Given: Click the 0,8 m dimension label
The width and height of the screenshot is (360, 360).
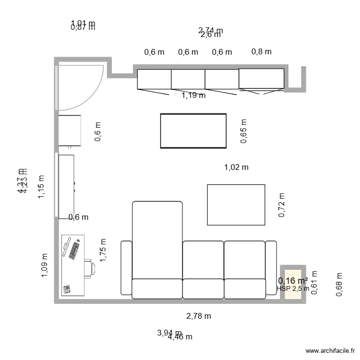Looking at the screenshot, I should (261, 51).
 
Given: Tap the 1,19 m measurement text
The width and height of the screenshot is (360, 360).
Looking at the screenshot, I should (193, 95).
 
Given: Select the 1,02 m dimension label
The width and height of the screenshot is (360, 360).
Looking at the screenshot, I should (236, 168).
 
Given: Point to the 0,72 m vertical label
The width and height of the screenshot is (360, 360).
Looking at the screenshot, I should (282, 205).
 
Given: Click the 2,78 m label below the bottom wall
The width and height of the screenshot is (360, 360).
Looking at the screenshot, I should (199, 316).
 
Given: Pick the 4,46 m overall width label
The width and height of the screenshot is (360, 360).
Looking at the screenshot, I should (180, 337).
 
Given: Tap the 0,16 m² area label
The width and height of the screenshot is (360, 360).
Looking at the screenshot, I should (293, 281).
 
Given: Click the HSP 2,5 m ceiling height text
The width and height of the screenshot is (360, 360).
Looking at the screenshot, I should (293, 289).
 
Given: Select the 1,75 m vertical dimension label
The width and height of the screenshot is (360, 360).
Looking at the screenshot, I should (103, 250).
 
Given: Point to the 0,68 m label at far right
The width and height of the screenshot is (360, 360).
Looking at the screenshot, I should (339, 285).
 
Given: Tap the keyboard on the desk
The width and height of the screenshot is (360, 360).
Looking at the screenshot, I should (74, 251).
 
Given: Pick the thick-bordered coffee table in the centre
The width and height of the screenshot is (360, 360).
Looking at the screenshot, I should (193, 131).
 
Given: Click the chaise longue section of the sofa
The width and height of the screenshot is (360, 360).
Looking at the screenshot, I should (157, 240).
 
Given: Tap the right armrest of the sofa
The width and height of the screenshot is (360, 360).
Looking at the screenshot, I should (271, 267).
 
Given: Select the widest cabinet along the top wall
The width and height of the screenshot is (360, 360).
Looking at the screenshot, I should (261, 79).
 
